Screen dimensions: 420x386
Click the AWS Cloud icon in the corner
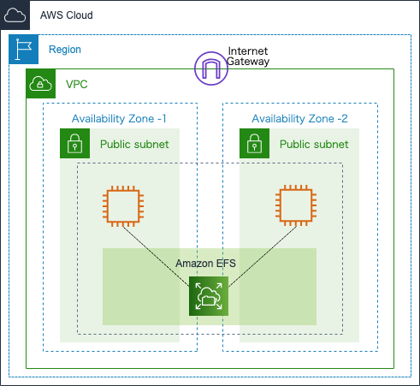click(15, 15)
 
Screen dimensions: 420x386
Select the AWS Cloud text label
click(67, 15)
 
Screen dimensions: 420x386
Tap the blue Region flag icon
click(24, 50)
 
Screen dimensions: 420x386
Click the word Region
click(65, 50)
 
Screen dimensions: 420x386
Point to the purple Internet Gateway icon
click(211, 68)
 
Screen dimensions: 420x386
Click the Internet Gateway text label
click(248, 56)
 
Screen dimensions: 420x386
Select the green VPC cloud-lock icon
click(41, 84)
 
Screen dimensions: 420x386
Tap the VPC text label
click(77, 85)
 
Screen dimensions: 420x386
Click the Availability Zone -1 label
click(119, 118)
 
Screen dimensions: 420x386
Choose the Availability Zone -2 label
click(299, 118)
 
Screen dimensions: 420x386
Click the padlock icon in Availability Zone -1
click(74, 143)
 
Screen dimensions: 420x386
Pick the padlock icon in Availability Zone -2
click(254, 143)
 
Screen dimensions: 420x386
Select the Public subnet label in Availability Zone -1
click(134, 145)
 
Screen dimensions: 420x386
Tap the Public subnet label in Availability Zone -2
click(314, 145)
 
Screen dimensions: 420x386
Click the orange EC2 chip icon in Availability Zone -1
click(123, 206)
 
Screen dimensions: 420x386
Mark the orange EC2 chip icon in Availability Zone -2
click(296, 205)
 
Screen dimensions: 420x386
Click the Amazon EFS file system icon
click(209, 296)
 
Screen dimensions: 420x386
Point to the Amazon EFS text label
click(205, 264)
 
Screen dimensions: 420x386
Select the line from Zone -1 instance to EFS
click(156, 257)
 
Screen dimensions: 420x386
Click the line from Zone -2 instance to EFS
click(263, 256)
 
